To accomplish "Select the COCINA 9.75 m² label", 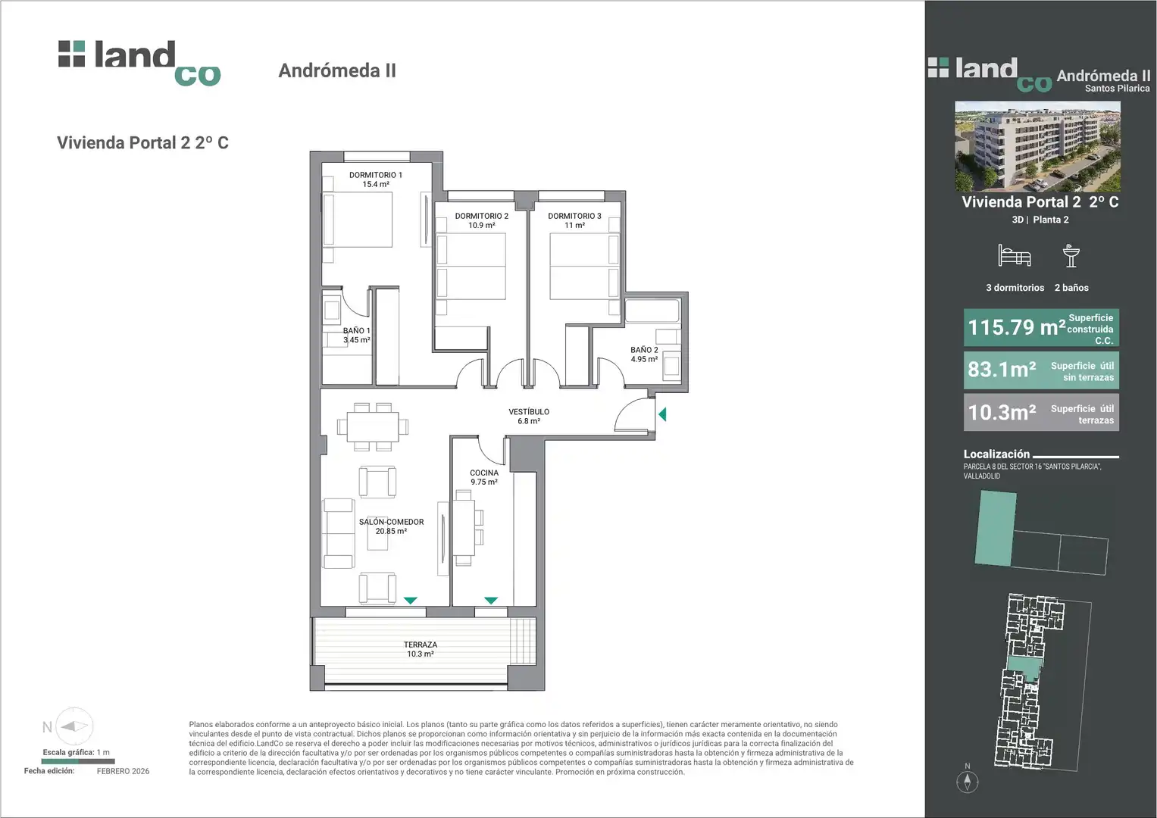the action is click(x=484, y=477).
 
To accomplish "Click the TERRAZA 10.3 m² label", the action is click(x=421, y=649).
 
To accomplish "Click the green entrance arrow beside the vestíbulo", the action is click(x=662, y=414).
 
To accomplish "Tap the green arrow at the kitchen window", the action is click(x=491, y=601).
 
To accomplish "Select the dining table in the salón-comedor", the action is click(x=373, y=427).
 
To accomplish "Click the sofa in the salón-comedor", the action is click(x=339, y=533).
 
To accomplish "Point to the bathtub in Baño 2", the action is click(x=652, y=311).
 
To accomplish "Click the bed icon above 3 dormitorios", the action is click(x=1015, y=256).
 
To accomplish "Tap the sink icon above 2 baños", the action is click(x=1071, y=256).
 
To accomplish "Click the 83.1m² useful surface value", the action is click(x=1002, y=370).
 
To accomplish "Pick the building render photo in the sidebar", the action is click(x=1038, y=146).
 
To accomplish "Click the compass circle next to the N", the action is click(x=74, y=726).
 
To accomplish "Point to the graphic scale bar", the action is click(x=78, y=761).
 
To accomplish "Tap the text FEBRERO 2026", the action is click(x=123, y=771).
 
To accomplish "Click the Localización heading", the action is click(x=996, y=454).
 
